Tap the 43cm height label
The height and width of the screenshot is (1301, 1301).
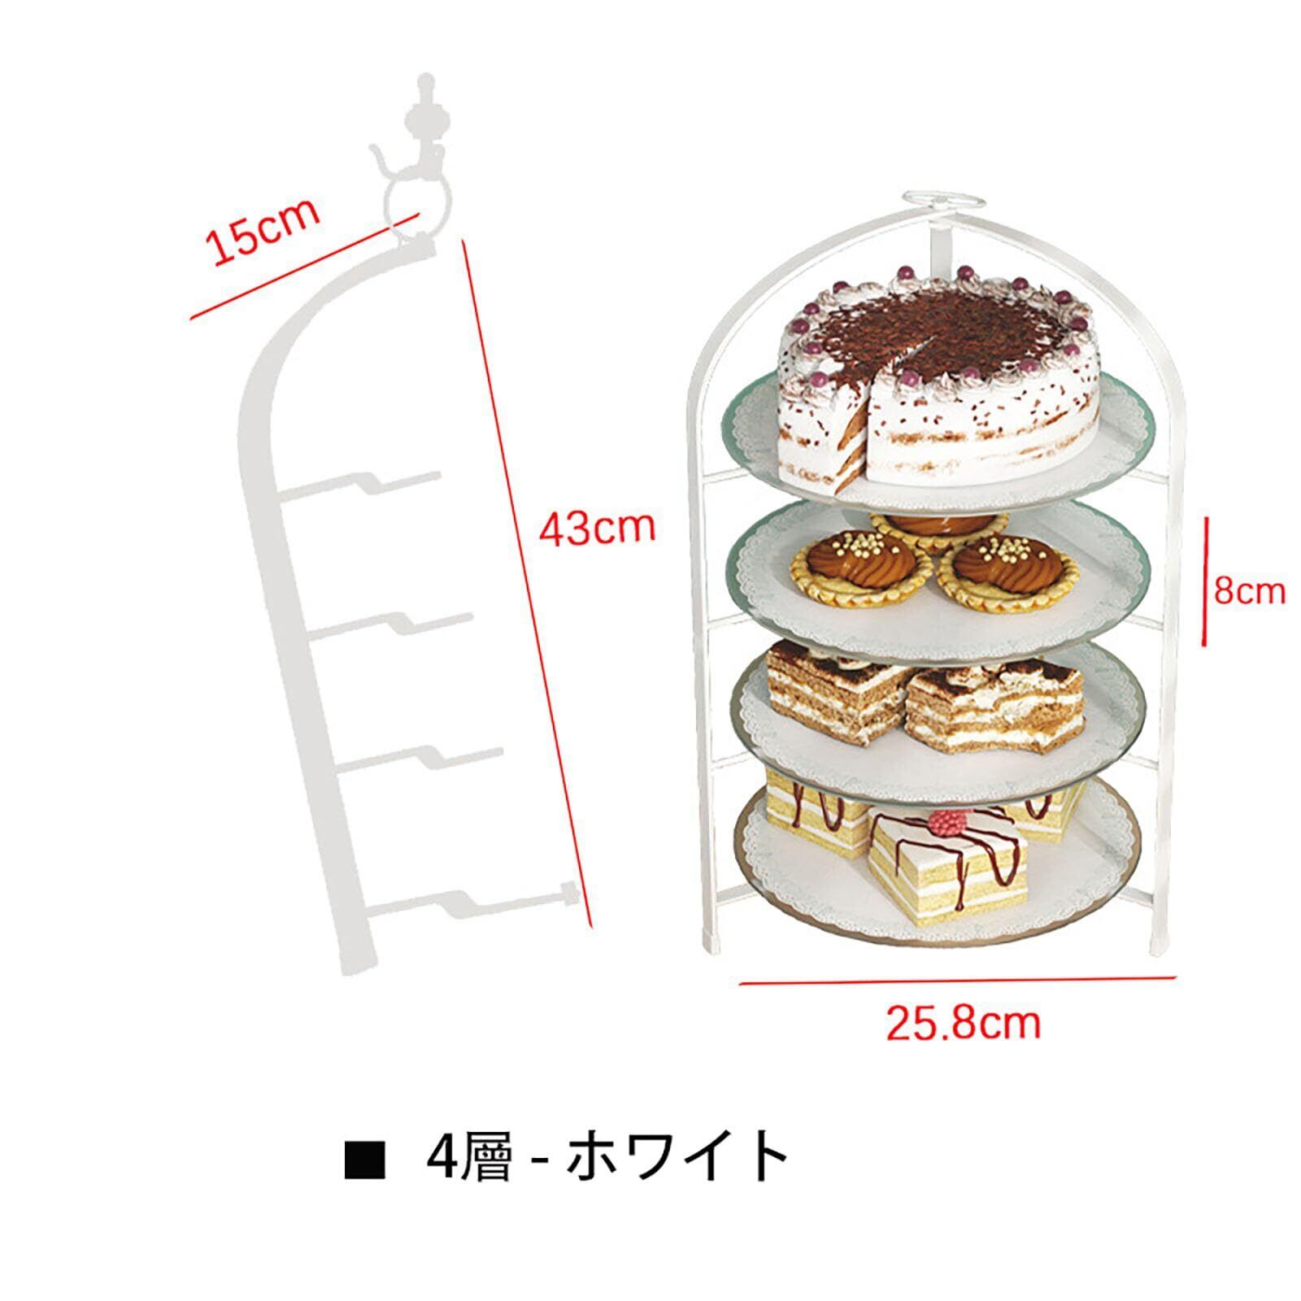click(598, 528)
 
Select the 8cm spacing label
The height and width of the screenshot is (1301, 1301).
click(1250, 590)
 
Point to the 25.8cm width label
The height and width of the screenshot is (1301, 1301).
click(963, 1021)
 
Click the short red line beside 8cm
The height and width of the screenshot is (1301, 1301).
click(1206, 580)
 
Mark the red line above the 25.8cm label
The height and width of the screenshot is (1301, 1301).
click(957, 981)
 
